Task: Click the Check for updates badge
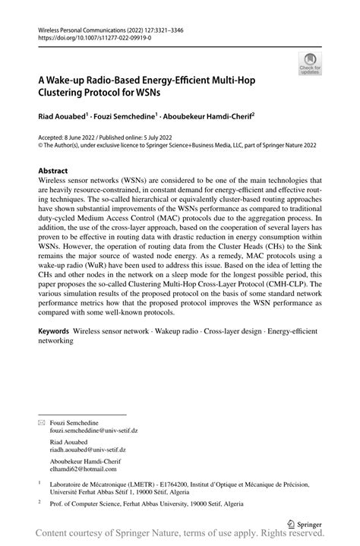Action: pyautogui.click(x=309, y=64)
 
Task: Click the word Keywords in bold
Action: pyautogui.click(x=55, y=332)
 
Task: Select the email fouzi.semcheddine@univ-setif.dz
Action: pyautogui.click(x=97, y=430)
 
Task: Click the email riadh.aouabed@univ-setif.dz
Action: pyautogui.click(x=93, y=450)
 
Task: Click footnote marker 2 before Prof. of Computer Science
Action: pyautogui.click(x=39, y=502)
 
